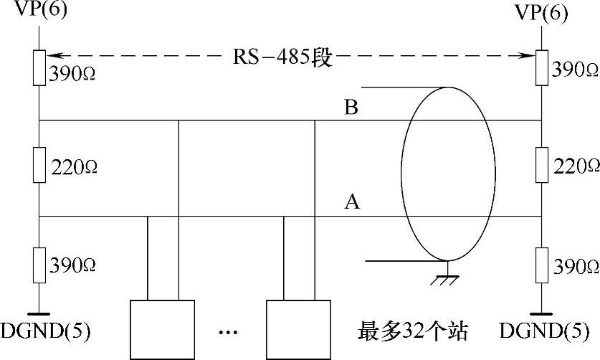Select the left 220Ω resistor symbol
coord(39,167)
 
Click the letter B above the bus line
coord(352,108)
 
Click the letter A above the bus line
coord(351,204)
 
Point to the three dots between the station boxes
coord(229,333)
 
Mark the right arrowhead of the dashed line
coord(531,55)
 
